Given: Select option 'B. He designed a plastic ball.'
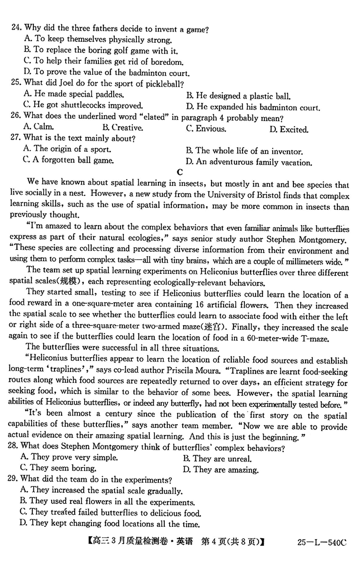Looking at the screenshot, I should click(x=238, y=96).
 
